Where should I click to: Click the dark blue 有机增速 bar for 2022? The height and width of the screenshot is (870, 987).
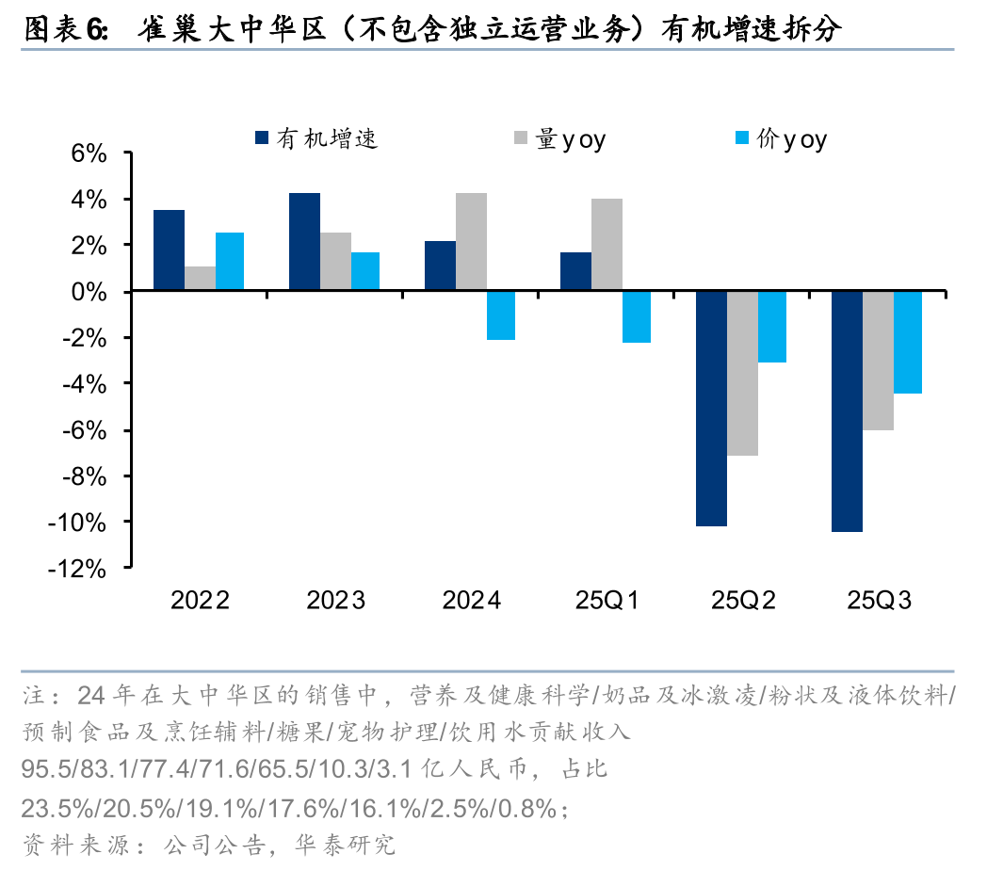coord(169,250)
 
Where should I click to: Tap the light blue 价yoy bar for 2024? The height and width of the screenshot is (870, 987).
coord(502,315)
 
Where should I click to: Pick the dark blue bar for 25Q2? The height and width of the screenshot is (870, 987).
coord(711,409)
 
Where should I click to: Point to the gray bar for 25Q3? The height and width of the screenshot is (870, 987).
coord(878,361)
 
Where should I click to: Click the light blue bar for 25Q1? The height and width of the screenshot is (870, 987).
coord(637,317)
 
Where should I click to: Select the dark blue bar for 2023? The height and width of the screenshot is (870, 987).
coord(304,242)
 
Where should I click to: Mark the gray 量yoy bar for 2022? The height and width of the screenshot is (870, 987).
coord(199,279)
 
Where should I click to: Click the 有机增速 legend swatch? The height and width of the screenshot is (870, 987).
coord(261,139)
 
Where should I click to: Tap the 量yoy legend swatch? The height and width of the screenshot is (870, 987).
coord(520,139)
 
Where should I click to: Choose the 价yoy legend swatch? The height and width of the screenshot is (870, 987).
coord(741,139)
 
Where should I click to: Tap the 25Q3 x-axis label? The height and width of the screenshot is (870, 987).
coord(878,601)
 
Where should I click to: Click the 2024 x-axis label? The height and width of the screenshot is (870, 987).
coord(472,601)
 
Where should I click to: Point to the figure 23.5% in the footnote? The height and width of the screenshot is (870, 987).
coord(52,808)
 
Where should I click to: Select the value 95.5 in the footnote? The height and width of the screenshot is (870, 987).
coord(42,770)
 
